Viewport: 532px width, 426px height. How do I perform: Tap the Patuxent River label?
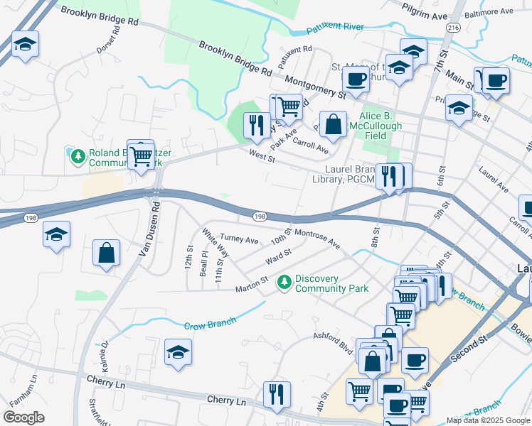334,28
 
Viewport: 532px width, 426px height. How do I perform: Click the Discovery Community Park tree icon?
284,283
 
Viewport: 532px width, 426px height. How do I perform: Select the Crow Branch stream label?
210,324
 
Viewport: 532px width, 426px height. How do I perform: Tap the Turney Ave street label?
239,240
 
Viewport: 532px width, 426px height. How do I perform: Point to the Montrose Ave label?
316,239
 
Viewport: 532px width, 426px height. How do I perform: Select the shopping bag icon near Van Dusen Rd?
106,253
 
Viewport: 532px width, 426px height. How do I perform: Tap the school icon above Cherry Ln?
178,351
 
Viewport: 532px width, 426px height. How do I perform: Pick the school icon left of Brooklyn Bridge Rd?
25,44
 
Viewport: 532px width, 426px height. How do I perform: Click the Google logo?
23,417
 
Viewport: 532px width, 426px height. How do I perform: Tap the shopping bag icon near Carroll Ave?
333,124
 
